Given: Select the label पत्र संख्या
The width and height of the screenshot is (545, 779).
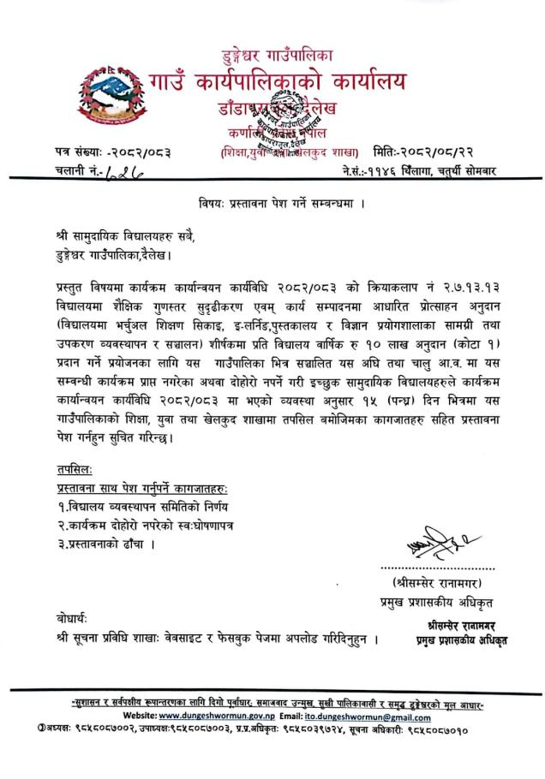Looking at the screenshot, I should [x=68, y=152].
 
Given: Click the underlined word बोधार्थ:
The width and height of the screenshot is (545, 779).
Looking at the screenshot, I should [x=68, y=617].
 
